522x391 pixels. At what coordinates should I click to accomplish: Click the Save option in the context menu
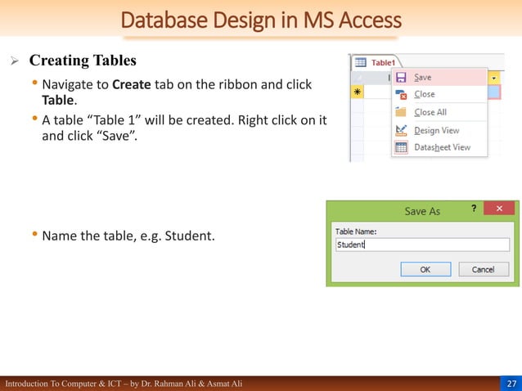423,77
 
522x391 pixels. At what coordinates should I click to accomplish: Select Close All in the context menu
430,112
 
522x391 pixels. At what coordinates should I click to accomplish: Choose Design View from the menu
436,130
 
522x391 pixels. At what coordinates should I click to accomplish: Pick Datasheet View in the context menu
442,147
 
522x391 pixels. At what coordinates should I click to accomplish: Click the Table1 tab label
382,62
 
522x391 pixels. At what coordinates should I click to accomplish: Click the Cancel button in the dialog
483,269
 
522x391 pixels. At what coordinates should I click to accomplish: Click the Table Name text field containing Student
423,244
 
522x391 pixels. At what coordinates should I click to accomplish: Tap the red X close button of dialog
499,209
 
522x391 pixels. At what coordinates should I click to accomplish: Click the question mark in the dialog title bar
473,209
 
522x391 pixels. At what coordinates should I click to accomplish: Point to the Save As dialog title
422,211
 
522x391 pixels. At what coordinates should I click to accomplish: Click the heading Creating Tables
83,61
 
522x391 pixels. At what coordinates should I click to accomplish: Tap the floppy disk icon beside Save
402,77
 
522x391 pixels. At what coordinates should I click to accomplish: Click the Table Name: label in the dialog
355,231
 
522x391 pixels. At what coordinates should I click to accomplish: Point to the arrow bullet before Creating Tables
14,61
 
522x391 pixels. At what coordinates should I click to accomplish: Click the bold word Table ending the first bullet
58,99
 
